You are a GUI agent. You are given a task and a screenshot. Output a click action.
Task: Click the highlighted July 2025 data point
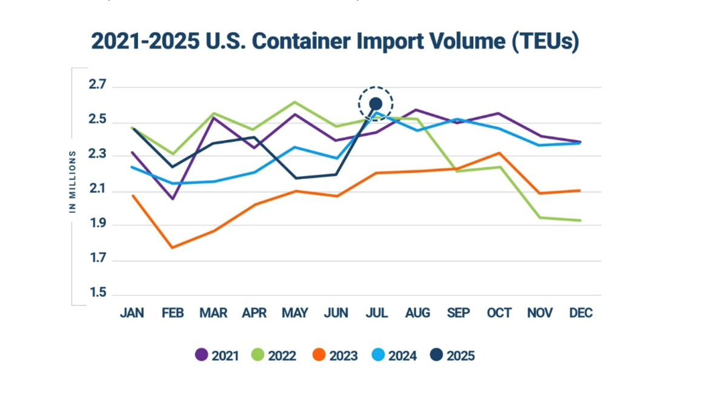[x=376, y=104]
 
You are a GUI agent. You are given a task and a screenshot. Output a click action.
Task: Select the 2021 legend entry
[x=217, y=355]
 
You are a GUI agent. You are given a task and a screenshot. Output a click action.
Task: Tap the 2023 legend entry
[x=335, y=355]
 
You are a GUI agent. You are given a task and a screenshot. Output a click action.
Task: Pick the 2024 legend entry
[x=394, y=355]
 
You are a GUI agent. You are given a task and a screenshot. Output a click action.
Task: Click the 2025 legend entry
[x=453, y=355]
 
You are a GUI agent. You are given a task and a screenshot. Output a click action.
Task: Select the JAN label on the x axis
[x=132, y=313]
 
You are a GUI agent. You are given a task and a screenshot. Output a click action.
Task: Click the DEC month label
[x=580, y=313]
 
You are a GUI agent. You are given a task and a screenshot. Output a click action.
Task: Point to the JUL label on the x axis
[x=376, y=313]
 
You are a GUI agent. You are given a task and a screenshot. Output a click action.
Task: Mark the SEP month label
[x=458, y=313]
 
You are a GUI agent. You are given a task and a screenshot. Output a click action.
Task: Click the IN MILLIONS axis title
[x=72, y=181]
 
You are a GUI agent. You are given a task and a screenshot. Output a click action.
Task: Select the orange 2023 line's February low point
[x=173, y=247]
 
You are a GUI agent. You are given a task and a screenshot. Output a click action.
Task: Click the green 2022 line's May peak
[x=294, y=102]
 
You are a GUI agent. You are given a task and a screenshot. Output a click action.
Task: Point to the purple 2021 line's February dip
[x=173, y=199]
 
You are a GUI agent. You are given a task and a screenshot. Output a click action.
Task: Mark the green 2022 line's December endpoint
[x=580, y=220]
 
